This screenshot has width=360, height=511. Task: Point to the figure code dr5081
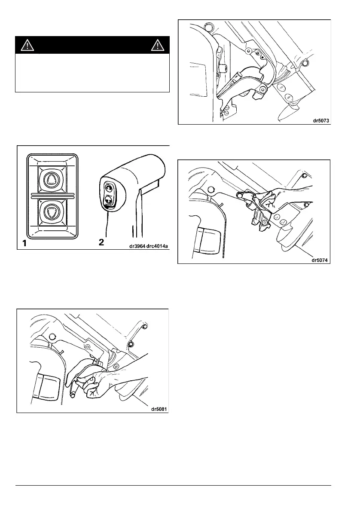coord(157,409)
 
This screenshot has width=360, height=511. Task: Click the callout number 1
coord(25,244)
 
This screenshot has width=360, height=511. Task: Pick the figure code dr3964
coord(125,245)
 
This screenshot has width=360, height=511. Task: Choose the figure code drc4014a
coord(151,245)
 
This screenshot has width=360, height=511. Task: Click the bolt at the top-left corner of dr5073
coord(208,27)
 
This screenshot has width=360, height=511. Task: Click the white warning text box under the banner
coord(92,73)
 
